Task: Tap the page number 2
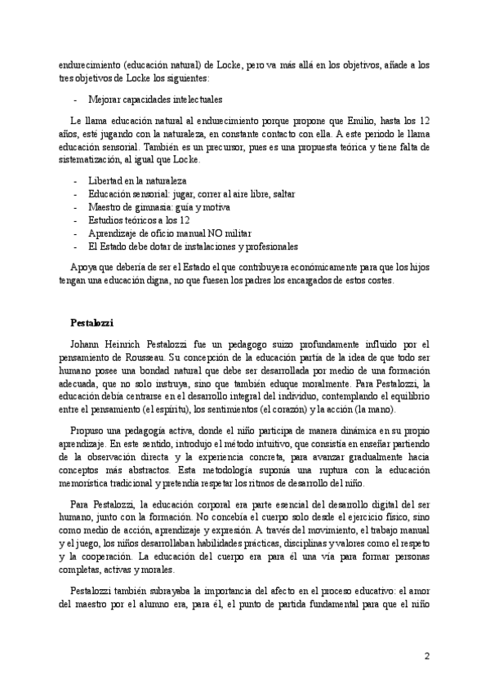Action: (426, 656)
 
